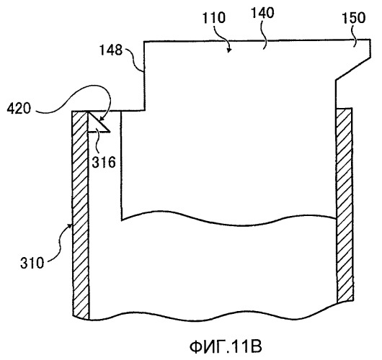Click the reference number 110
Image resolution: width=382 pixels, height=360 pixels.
point(214,18)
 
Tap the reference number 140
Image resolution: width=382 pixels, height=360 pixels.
point(262,13)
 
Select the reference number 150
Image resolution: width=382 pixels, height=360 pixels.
point(354,18)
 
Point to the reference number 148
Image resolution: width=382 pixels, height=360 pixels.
point(111,50)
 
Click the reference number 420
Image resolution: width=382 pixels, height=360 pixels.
point(19,108)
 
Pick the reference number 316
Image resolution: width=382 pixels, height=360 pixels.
point(104,162)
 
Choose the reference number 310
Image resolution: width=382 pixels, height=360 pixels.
point(32,263)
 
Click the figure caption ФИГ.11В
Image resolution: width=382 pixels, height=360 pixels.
point(226,346)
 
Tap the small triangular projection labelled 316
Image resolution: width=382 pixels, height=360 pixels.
point(97,124)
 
